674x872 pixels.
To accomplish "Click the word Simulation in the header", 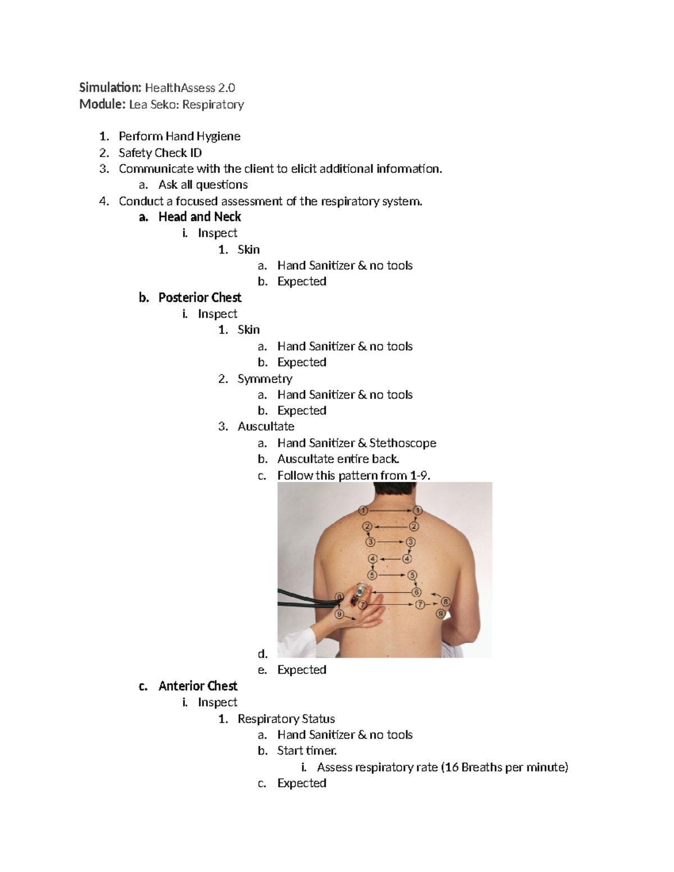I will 110,88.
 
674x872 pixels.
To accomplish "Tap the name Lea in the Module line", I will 138,104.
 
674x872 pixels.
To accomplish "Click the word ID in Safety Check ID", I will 195,153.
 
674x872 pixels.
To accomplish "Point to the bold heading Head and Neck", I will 199,217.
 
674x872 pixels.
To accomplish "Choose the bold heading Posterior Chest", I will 199,298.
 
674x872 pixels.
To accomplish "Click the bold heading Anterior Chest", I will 198,686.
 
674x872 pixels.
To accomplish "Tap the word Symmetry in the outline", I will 265,379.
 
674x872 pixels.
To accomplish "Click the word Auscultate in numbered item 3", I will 266,427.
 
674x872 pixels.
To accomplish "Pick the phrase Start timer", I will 307,751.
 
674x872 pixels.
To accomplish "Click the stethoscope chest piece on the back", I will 359,591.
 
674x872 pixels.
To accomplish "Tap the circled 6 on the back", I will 416,592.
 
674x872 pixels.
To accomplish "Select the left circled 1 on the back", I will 363,510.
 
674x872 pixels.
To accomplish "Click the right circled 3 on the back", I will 411,542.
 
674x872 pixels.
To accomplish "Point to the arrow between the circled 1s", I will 390,510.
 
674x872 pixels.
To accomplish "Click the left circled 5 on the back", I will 372,574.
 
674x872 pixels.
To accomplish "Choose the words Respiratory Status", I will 286,719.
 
